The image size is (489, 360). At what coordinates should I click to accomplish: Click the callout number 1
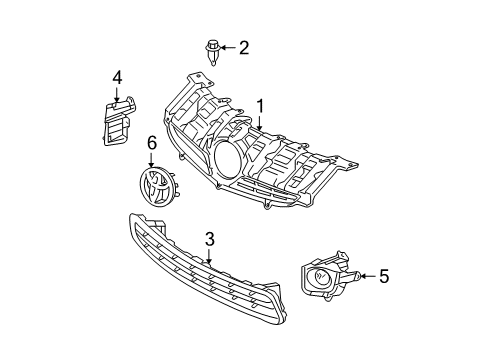click(x=260, y=106)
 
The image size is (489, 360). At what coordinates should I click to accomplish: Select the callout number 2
click(x=243, y=47)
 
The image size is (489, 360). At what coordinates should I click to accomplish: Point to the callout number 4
click(x=117, y=76)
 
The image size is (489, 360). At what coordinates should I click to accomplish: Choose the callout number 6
click(x=152, y=145)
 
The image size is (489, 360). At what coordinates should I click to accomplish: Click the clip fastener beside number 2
click(x=212, y=49)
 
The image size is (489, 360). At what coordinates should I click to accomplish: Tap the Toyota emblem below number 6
click(x=153, y=186)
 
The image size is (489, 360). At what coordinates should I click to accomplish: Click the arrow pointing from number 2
click(x=228, y=47)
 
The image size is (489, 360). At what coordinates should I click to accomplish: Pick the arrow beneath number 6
click(x=152, y=161)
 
